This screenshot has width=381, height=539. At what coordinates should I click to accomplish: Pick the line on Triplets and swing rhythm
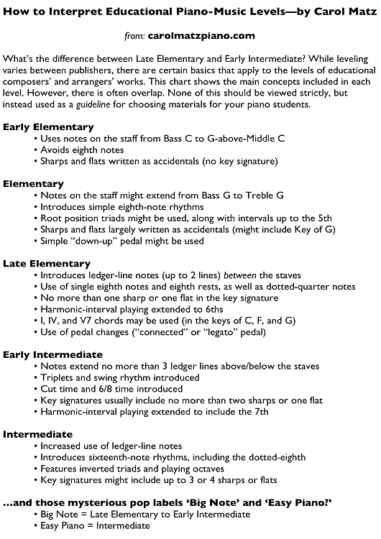click(121, 377)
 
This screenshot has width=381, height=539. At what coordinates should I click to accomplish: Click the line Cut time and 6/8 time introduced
click(117, 389)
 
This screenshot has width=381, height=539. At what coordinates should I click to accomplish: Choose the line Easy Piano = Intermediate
click(96, 525)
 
